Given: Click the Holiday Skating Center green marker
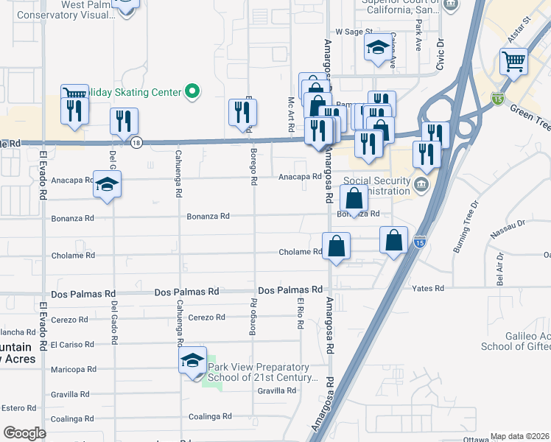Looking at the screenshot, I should tap(192, 92).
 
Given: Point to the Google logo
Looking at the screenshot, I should tap(24, 433).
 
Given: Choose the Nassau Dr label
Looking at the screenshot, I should tap(510, 223).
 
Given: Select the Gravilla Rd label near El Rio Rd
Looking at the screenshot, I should tap(276, 390).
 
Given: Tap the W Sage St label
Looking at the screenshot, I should tap(351, 32).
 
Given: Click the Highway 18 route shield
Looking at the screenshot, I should tap(136, 144).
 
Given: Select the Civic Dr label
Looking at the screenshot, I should tap(442, 52).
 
